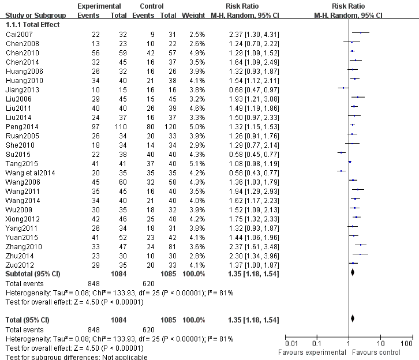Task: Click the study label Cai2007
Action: click(16, 34)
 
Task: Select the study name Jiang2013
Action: click(20, 89)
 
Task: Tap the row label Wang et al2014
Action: click(27, 172)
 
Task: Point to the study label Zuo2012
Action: click(18, 265)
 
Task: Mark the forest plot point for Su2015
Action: click(341, 154)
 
